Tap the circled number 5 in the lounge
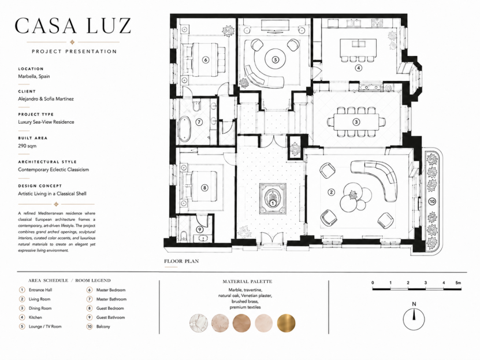click(276, 60)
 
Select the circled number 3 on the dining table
click(356, 122)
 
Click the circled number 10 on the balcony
click(432, 202)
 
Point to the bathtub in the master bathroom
click(185, 129)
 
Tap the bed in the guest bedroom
click(200, 188)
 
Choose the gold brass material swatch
click(286, 323)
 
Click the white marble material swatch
click(199, 323)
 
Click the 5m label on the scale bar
click(458, 283)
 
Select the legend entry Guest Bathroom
click(110, 317)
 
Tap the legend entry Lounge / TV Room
click(45, 326)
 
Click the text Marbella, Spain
click(34, 76)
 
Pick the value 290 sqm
click(27, 146)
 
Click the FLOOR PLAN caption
click(181, 261)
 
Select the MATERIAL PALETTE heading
click(247, 281)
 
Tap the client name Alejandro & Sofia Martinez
click(46, 99)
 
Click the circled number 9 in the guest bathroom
click(200, 229)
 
